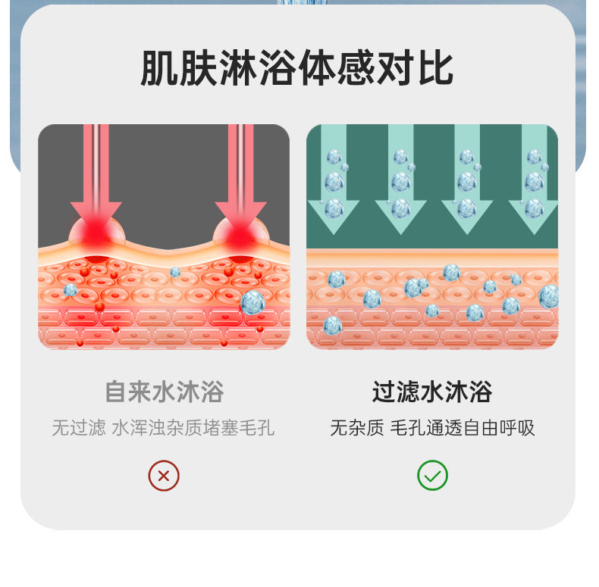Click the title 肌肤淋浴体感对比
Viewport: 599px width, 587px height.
pos(297,68)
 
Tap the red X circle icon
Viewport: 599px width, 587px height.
pos(164,476)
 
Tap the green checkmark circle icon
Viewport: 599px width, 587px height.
pos(432,476)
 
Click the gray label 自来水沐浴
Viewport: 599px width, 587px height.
pos(164,392)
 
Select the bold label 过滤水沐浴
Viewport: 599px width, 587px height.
pos(432,392)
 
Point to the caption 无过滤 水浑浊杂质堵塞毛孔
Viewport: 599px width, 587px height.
pos(164,428)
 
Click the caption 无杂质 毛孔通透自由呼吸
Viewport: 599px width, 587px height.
pos(432,428)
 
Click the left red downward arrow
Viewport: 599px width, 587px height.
pos(96,182)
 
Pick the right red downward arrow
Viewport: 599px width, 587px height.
pos(240,182)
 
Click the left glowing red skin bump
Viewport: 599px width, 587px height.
pos(96,233)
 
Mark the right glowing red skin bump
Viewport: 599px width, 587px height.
pos(240,233)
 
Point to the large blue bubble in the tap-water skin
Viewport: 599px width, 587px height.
pos(252,302)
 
